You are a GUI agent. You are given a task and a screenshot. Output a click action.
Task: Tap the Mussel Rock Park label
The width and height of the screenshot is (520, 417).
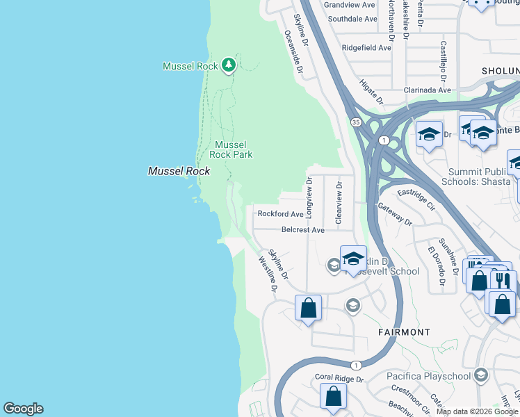(231, 149)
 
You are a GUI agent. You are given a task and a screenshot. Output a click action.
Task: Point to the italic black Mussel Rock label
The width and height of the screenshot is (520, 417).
(179, 171)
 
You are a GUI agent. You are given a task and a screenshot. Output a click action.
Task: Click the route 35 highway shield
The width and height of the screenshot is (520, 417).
(357, 122)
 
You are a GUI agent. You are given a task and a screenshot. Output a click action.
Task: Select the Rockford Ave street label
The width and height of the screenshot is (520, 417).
(280, 214)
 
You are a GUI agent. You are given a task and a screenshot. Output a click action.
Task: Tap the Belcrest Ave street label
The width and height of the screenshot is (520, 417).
(303, 229)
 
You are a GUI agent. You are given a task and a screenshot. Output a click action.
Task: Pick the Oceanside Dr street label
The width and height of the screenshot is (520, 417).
(293, 51)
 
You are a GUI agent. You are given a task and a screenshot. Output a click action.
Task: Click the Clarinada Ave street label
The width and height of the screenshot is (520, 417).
(428, 90)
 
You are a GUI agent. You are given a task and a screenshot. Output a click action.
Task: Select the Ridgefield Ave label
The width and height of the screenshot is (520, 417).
(366, 48)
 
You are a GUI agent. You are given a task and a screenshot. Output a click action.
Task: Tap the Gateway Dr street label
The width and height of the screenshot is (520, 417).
(395, 215)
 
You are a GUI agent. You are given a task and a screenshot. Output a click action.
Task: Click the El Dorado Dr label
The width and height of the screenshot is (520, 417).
(437, 268)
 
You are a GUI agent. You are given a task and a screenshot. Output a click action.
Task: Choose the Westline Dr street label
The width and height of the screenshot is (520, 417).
(268, 274)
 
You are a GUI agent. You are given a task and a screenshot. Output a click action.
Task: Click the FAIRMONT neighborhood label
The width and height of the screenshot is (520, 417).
(404, 332)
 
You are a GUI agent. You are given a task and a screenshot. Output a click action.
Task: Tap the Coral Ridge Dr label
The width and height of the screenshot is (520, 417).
(339, 379)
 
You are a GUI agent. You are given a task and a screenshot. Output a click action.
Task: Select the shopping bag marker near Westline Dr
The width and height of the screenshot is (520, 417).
(308, 308)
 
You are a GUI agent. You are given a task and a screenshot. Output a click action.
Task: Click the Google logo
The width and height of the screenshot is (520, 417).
(23, 409)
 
